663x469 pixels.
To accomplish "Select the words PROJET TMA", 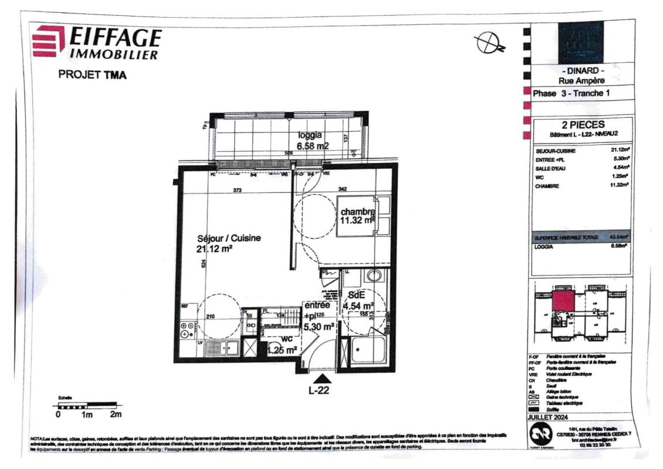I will (92, 75).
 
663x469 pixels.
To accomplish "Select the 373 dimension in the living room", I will (237, 190).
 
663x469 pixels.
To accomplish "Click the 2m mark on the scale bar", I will (116, 415).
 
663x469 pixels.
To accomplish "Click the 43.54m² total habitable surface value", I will (620, 237).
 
